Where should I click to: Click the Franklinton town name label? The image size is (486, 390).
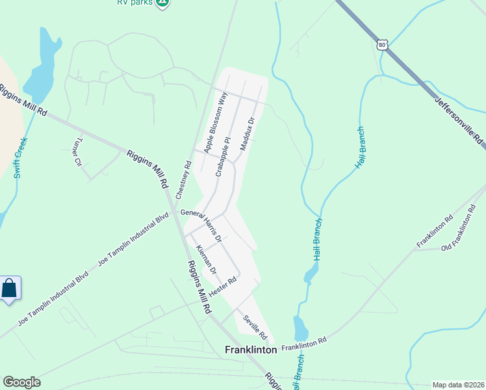pyautogui.click(x=251, y=349)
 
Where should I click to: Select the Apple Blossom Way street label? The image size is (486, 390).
pyautogui.click(x=216, y=123)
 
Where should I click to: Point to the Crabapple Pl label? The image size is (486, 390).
pyautogui.click(x=223, y=157)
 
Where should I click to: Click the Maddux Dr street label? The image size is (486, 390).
pyautogui.click(x=245, y=134)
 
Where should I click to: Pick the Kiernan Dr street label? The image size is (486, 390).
pyautogui.click(x=206, y=260)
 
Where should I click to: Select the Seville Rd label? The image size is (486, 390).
pyautogui.click(x=255, y=327)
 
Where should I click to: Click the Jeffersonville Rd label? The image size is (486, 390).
pyautogui.click(x=459, y=120)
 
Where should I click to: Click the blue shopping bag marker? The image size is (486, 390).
pyautogui.click(x=10, y=287)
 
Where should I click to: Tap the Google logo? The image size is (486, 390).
pyautogui.click(x=21, y=382)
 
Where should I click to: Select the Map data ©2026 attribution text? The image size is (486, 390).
pyautogui.click(x=458, y=385)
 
